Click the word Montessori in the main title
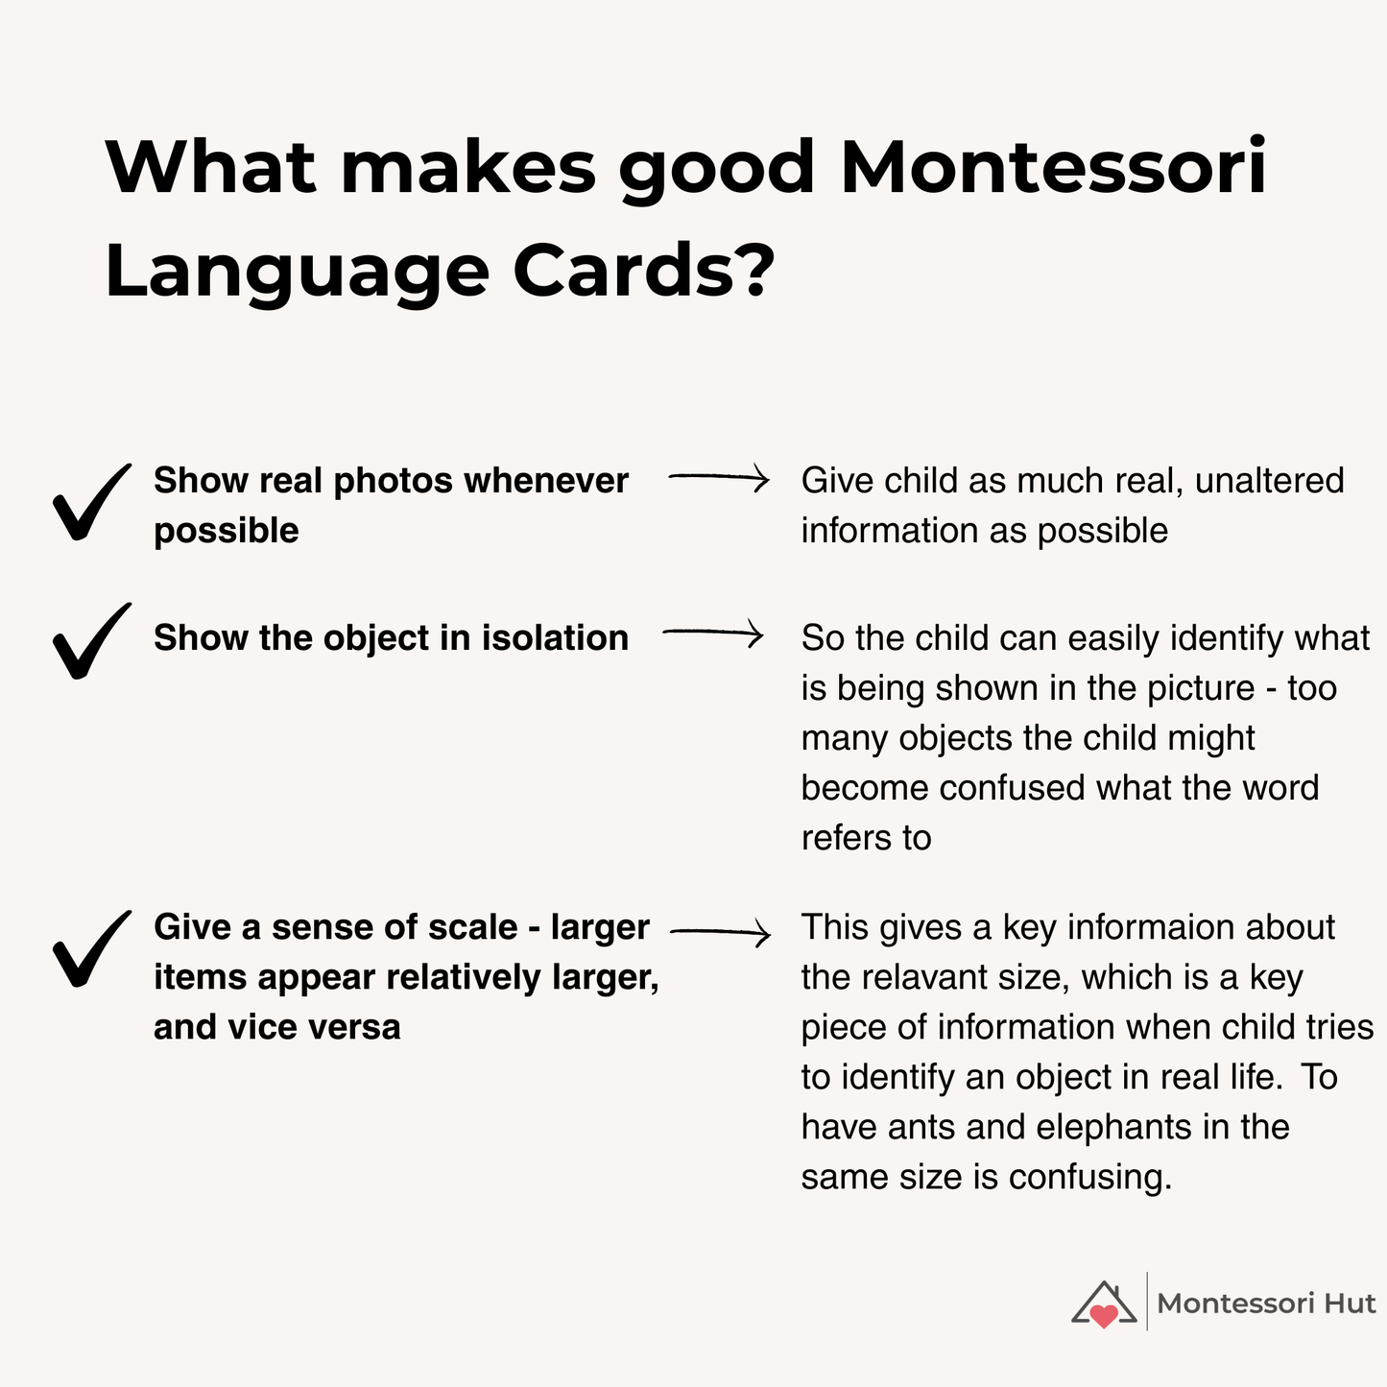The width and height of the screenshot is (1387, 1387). tap(1053, 167)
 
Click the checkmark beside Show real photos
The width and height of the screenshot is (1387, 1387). tap(91, 501)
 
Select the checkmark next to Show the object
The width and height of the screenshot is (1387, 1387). tap(91, 640)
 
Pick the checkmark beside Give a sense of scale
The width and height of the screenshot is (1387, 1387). tap(91, 948)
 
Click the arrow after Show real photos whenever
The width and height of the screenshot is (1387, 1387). tap(718, 477)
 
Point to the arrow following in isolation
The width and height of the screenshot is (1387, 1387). tap(712, 634)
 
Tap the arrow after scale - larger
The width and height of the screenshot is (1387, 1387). tap(720, 933)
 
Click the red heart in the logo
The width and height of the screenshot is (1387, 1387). tap(1104, 1316)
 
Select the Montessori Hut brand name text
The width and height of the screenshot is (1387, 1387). tap(1266, 1303)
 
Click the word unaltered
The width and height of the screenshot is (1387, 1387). tap(1269, 481)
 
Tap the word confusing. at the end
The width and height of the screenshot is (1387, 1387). tap(1090, 1178)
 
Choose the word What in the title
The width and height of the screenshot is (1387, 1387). tap(211, 167)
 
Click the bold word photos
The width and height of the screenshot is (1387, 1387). tap(393, 481)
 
